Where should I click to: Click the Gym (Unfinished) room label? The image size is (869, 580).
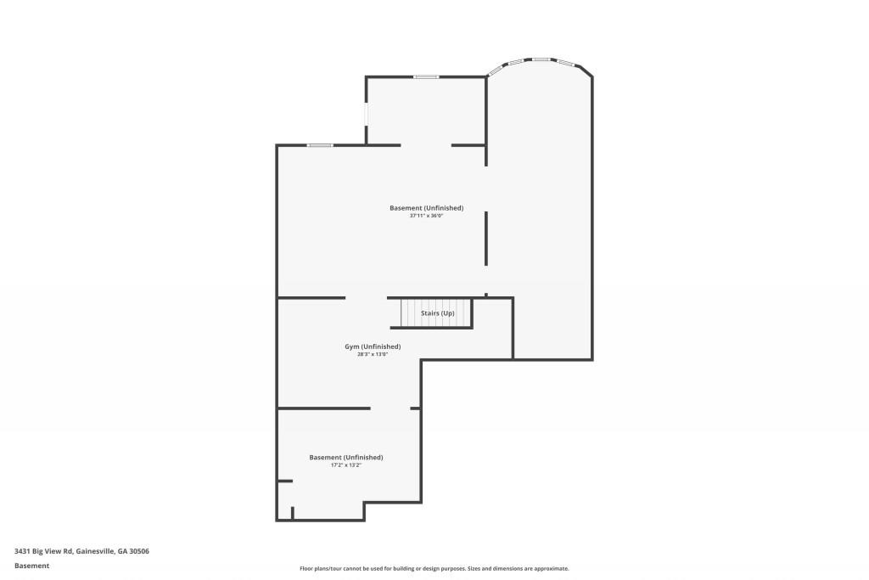(373, 346)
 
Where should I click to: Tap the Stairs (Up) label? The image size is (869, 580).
(437, 313)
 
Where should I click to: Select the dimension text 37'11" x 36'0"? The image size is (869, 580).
(426, 216)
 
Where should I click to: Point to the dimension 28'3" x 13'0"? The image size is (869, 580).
(373, 354)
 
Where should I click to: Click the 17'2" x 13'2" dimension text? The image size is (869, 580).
(346, 465)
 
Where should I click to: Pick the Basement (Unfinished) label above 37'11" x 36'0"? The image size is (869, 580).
(426, 208)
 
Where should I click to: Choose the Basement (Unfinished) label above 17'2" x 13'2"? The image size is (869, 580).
(346, 458)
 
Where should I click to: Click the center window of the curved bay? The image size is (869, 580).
(541, 59)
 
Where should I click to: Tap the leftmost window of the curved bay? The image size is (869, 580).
(515, 61)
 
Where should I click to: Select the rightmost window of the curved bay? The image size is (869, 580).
(566, 62)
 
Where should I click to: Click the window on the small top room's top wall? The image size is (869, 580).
(426, 76)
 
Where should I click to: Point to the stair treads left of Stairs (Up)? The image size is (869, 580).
(410, 313)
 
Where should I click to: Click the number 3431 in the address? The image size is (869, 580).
(22, 551)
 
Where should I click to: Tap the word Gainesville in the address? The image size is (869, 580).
(95, 551)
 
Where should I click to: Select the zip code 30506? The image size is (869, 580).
(139, 551)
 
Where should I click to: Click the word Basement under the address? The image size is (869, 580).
(31, 566)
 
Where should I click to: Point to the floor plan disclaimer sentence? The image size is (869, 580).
(434, 568)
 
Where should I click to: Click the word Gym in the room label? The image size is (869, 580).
(352, 346)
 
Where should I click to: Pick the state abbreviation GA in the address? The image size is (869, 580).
(122, 551)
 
